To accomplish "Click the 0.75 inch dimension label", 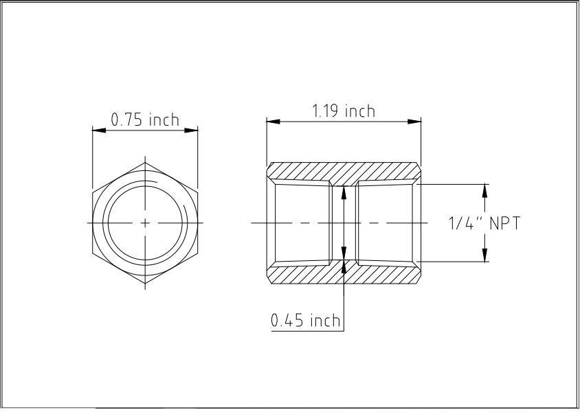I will pos(145,119).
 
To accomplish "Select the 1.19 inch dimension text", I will pos(344,111).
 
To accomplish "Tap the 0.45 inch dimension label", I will pos(306,320).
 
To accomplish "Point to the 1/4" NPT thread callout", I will pos(484,223).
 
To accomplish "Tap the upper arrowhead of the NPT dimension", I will pos(485,189).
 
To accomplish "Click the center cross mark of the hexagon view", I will pos(145,222).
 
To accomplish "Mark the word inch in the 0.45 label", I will pos(324,320).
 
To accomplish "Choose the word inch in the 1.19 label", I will pos(360,111).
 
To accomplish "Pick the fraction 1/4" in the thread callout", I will pos(463,223).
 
